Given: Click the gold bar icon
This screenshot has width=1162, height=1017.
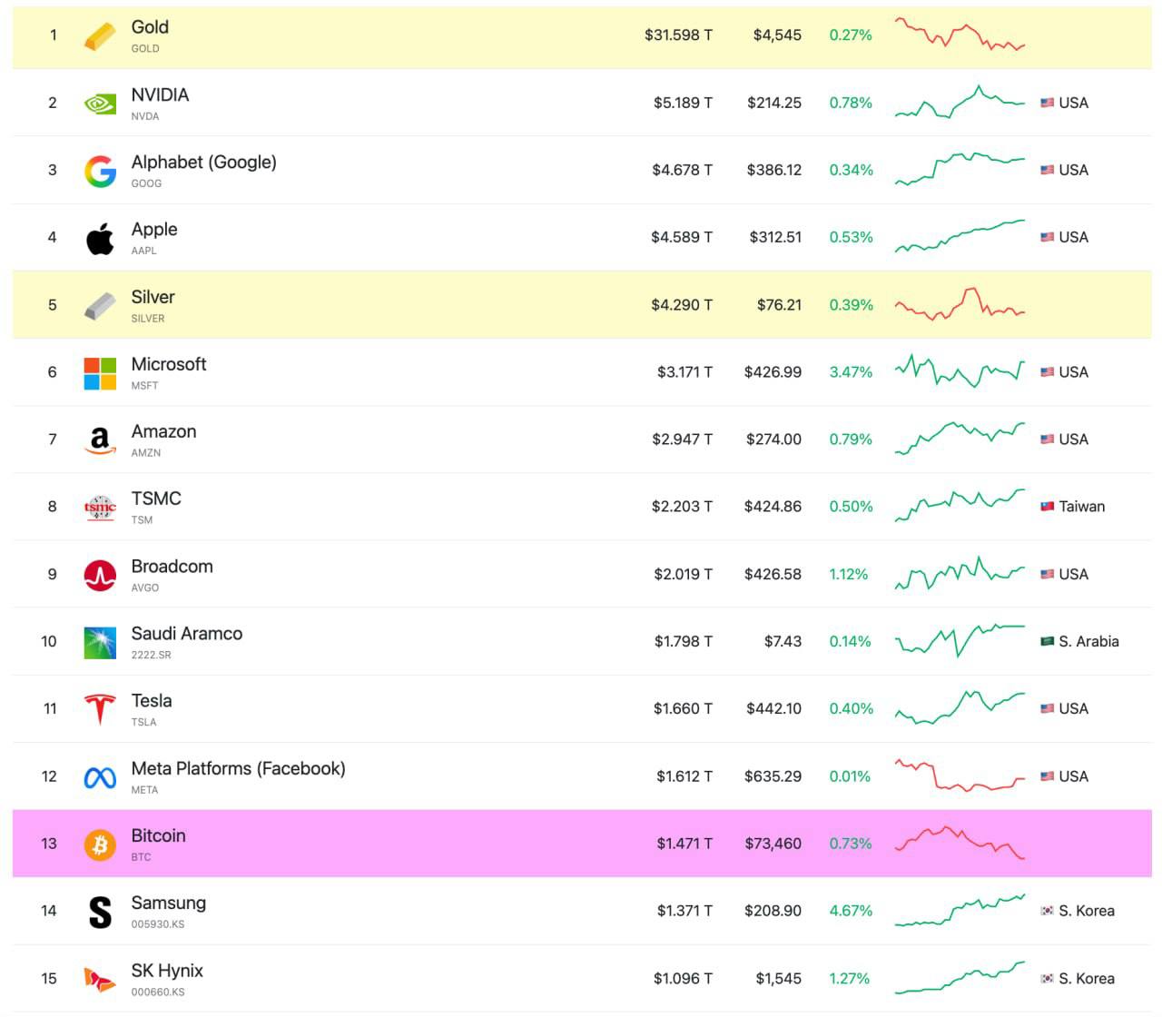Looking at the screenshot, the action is [x=100, y=36].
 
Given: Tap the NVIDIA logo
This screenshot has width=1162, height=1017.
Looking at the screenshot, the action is [x=100, y=104].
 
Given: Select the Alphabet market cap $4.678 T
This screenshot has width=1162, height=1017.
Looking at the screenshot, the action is [x=682, y=170].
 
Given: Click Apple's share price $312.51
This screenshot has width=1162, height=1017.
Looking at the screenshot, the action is [x=775, y=237].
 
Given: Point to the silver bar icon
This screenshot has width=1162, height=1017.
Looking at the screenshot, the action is [x=100, y=306].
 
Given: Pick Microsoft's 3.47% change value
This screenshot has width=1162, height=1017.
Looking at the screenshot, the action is [x=851, y=372].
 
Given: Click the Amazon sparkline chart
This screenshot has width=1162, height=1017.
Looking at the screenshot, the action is [x=960, y=439].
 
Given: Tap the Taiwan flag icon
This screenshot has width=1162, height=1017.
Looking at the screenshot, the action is [x=1047, y=506].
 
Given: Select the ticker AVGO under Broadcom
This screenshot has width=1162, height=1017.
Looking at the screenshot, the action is [x=145, y=587].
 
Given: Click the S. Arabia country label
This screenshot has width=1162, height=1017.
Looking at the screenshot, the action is [x=1088, y=641].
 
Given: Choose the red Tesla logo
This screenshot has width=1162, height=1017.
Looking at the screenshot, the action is [x=100, y=709].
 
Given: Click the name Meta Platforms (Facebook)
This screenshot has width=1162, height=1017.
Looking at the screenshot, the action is [x=238, y=768].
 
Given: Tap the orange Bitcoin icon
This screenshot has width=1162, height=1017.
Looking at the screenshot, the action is [x=100, y=844].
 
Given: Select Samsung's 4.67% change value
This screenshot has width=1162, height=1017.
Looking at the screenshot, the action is [x=851, y=911].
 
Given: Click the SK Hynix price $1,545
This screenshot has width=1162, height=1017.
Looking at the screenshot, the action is [x=778, y=978].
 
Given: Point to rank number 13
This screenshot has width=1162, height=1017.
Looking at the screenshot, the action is [x=49, y=844].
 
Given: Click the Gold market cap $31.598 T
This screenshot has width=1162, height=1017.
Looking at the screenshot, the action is [x=678, y=35].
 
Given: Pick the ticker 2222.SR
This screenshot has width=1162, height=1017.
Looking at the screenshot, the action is [x=151, y=655].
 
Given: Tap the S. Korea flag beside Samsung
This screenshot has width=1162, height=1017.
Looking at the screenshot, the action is [x=1047, y=911].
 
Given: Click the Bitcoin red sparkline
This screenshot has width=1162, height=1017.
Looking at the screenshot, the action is [x=960, y=843].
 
